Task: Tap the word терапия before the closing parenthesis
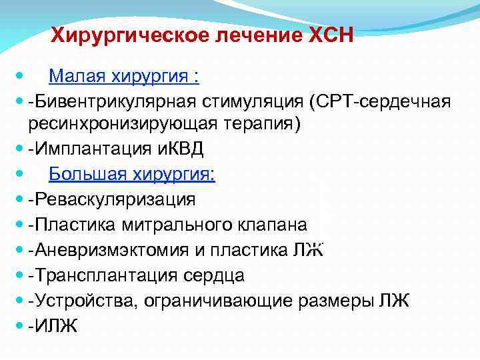coord(259,125)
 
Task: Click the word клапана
coord(279,224)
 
